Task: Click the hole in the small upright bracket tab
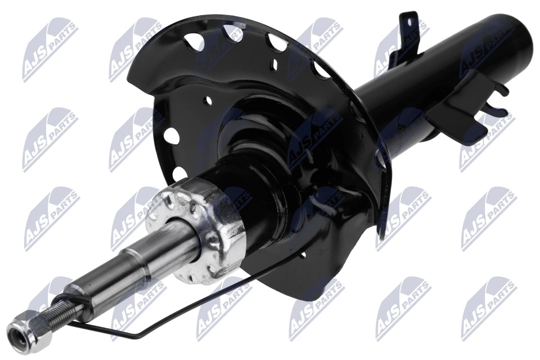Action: click(409, 24)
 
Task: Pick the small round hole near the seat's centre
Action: click(208, 102)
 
